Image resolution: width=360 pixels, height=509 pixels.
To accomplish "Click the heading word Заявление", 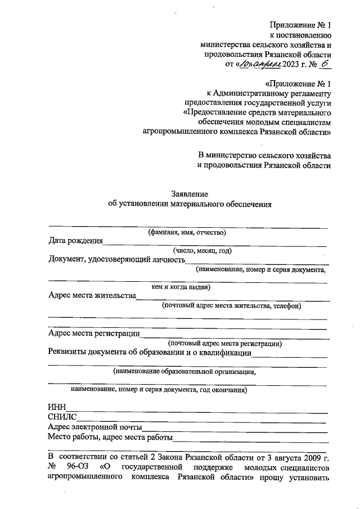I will [190, 193].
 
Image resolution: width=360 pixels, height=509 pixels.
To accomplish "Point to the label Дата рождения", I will [75, 241].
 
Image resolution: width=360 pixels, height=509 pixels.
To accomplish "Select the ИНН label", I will [57, 408].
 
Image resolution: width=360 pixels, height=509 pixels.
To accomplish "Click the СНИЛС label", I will [62, 417].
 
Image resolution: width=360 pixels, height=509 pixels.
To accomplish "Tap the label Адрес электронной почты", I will [94, 427].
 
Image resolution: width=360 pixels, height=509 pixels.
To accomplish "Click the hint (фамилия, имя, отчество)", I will [187, 232].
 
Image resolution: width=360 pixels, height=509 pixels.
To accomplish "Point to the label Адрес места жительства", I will [92, 296].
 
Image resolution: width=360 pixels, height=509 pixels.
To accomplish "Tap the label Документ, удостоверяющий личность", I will [117, 260].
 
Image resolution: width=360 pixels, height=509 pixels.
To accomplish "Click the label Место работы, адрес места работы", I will [110, 437].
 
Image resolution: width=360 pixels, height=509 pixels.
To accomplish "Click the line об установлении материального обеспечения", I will [190, 204].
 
